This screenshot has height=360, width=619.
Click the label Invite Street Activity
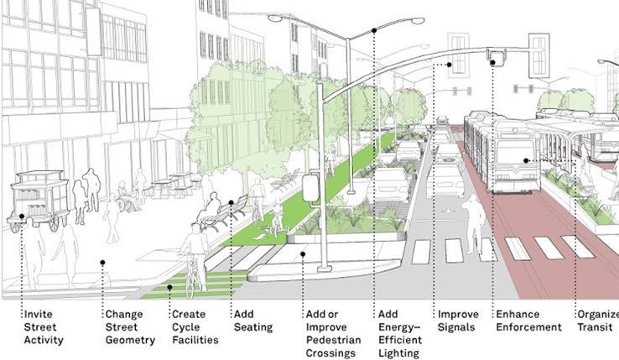[43, 327]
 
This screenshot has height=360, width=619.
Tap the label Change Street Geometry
[130, 327]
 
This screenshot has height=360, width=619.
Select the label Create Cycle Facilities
[194, 327]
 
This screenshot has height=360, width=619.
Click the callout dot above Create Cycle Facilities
[169, 287]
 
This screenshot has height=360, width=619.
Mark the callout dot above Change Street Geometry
[102, 263]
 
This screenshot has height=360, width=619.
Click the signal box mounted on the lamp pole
[311, 187]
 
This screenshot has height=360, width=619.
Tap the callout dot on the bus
[526, 160]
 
